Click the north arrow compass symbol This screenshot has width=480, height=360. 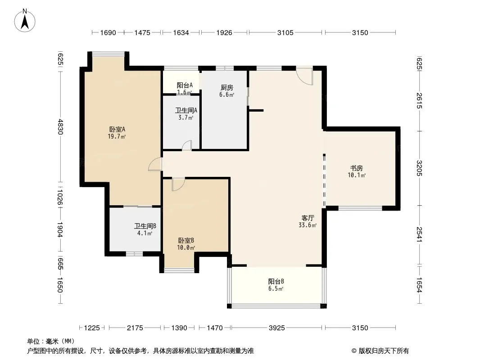click(x=25, y=21)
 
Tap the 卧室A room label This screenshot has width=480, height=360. click(x=117, y=130)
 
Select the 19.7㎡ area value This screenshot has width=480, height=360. click(x=117, y=136)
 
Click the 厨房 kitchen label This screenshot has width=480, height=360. click(x=226, y=88)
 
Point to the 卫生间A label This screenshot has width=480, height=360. click(x=186, y=110)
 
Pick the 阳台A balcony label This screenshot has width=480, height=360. click(x=185, y=85)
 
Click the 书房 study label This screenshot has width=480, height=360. click(x=356, y=168)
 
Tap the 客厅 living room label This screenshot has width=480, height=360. click(x=308, y=218)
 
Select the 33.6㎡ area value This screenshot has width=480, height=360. click(x=308, y=225)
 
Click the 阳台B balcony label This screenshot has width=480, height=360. click(x=276, y=281)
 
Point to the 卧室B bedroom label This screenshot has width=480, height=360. click(x=186, y=241)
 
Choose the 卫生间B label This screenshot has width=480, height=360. click(x=145, y=226)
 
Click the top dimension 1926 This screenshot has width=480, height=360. click(x=224, y=32)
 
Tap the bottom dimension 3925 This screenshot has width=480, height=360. click(x=277, y=328)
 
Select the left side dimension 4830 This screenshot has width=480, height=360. click(x=60, y=126)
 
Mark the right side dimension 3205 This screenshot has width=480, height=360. click(x=419, y=168)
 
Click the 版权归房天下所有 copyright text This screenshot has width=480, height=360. click(x=380, y=351)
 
